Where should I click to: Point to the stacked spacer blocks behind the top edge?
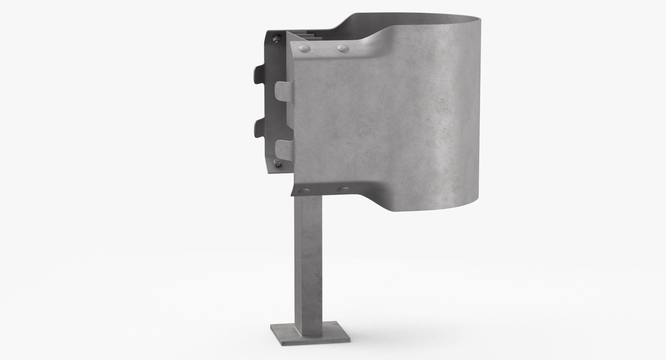pyautogui.click(x=302, y=35)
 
